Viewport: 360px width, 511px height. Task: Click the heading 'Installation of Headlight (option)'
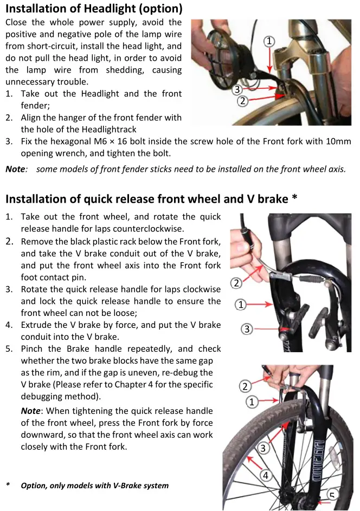point(94,9)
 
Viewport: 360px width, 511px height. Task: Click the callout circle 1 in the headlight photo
point(269,41)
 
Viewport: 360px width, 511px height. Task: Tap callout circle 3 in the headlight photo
point(237,89)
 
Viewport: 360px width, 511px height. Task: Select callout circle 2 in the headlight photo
point(243,101)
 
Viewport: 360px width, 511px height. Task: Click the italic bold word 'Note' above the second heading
point(15,169)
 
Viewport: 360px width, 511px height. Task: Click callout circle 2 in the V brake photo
point(236,283)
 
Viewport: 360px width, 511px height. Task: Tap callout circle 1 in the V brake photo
point(241,305)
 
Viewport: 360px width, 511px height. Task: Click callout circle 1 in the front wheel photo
point(252,402)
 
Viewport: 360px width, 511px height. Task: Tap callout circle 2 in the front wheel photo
point(245,386)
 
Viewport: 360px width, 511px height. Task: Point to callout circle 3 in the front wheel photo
point(263,448)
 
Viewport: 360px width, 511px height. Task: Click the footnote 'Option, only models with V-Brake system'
point(94,486)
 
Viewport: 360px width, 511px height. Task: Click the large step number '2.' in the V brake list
point(11,241)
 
